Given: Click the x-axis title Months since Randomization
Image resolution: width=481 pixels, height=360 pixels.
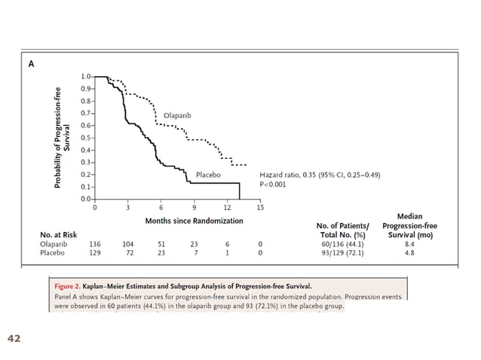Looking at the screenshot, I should pos(194,221).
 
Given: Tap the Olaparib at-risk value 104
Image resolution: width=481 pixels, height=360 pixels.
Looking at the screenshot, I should pos(128,245).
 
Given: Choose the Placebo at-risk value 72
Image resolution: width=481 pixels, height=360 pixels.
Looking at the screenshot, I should pos(128,255).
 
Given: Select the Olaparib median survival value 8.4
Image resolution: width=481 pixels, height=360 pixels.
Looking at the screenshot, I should pos(409,245).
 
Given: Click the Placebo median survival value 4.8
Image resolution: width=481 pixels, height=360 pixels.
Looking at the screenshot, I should pos(409,255).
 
